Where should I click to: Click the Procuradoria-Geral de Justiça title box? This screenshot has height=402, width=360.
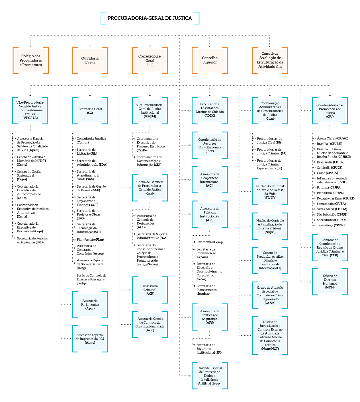(150, 18)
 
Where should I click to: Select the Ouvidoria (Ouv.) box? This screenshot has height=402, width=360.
(90, 60)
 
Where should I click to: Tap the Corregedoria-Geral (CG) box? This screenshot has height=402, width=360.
(150, 60)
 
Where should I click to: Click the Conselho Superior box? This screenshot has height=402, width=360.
(210, 60)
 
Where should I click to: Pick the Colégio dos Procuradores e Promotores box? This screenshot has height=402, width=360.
(31, 60)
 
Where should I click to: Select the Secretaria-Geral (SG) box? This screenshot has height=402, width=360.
(90, 111)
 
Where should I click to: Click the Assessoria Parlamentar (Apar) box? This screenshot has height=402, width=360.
(90, 304)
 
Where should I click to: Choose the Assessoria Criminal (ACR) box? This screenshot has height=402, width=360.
(150, 290)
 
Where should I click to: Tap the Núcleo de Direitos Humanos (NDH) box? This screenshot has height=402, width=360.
(330, 282)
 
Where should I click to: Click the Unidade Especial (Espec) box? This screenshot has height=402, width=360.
(210, 376)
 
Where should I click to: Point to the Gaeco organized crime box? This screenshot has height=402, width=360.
(270, 295)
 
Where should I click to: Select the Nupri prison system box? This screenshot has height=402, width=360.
(270, 226)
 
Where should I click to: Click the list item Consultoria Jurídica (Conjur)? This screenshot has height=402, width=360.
(91, 140)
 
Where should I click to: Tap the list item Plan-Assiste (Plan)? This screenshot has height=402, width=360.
(90, 239)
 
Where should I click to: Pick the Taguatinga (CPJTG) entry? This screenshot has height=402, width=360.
(331, 225)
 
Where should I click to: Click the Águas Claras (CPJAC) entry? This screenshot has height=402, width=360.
(332, 138)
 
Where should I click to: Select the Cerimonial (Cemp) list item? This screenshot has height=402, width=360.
(210, 242)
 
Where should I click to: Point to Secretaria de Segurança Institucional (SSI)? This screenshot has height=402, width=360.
(209, 348)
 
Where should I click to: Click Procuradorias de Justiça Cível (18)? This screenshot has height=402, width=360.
(269, 140)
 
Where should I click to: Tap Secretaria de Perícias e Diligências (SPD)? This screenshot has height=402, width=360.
(32, 240)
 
